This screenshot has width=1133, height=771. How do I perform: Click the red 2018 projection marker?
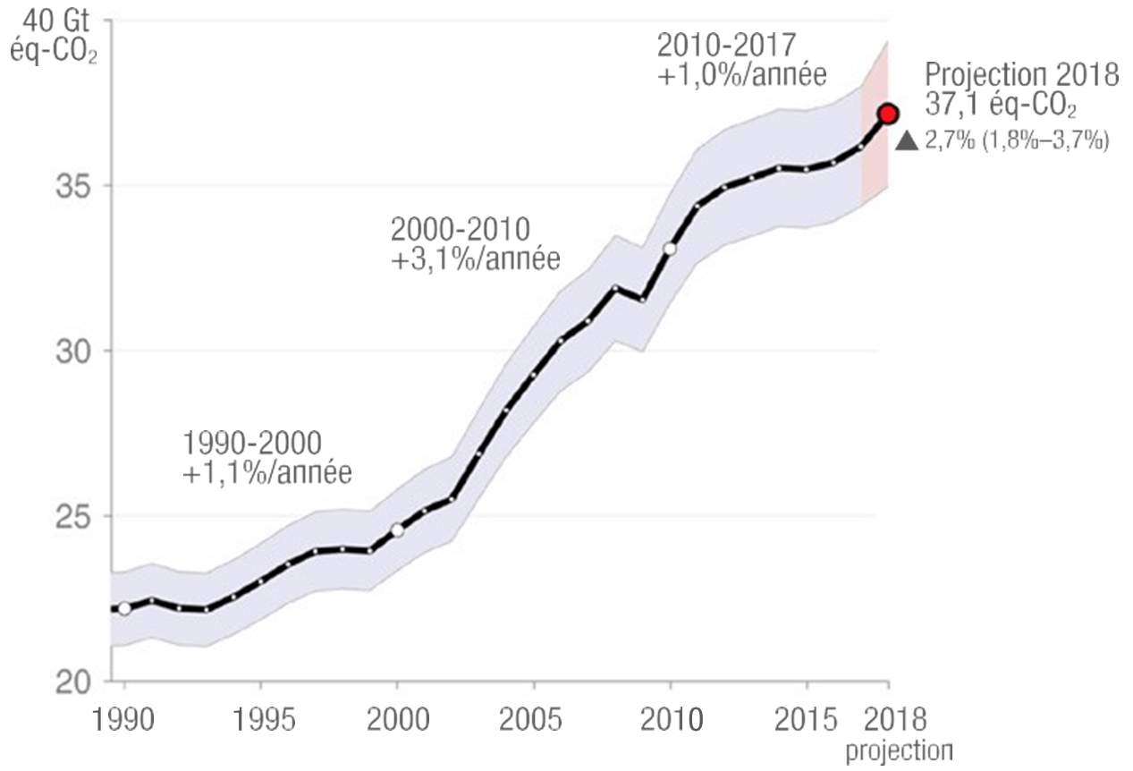click(x=887, y=114)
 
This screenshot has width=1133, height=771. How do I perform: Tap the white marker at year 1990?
click(x=124, y=609)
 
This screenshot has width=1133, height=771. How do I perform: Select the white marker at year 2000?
click(x=397, y=530)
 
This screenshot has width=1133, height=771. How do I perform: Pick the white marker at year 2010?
click(x=670, y=249)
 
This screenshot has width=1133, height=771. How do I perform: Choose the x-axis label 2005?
click(x=533, y=721)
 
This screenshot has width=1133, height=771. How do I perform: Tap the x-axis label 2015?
click(x=806, y=721)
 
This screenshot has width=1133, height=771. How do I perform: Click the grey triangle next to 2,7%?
click(x=907, y=140)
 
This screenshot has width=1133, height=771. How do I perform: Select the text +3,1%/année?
click(x=475, y=260)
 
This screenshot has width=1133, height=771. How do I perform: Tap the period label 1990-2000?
click(x=254, y=442)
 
